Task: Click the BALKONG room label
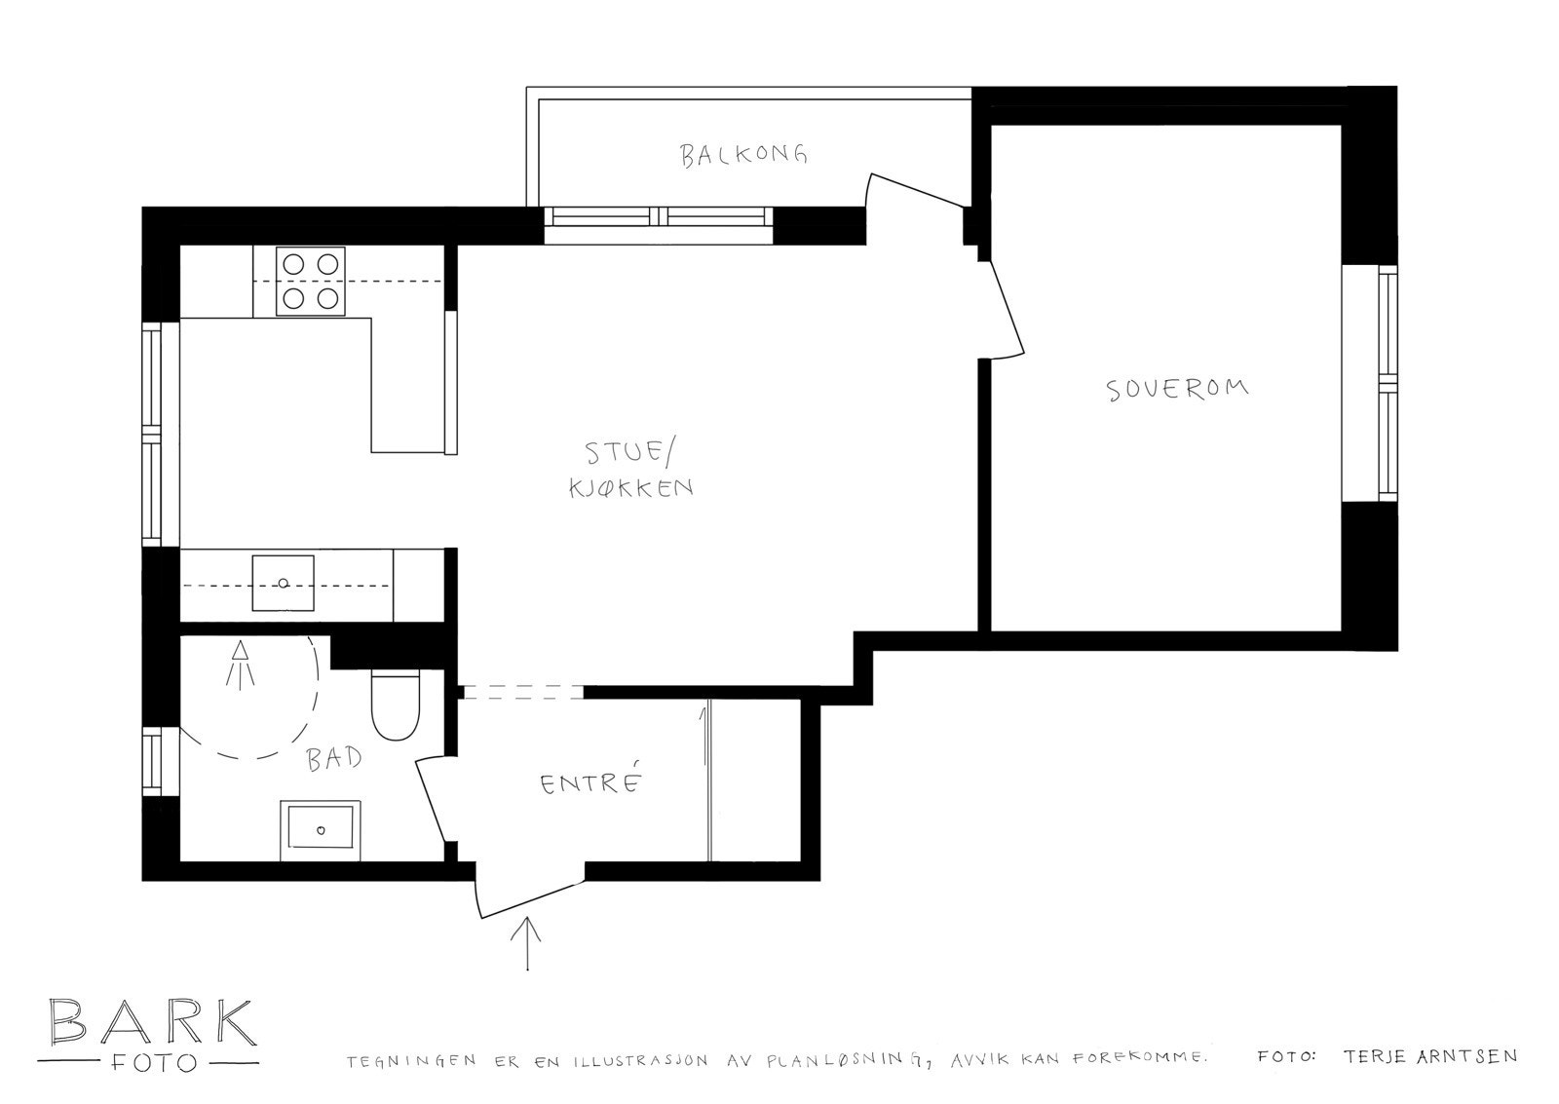(x=744, y=155)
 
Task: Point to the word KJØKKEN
(x=630, y=487)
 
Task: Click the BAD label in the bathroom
(x=334, y=759)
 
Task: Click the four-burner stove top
(x=312, y=280)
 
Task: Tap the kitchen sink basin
(x=284, y=583)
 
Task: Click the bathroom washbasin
(x=321, y=830)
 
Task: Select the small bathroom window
(x=152, y=761)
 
